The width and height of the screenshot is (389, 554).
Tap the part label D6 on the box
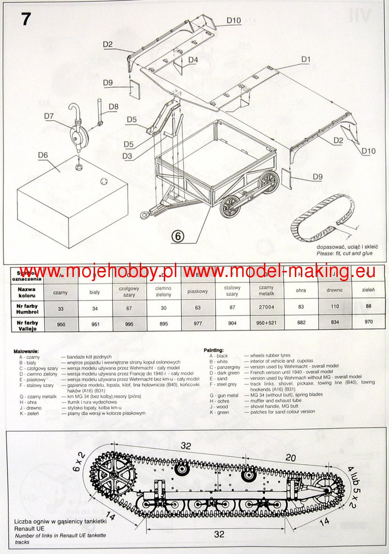point(43,155)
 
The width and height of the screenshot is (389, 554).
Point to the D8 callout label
point(113,107)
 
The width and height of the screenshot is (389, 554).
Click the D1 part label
point(306,59)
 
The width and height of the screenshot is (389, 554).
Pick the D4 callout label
point(193,60)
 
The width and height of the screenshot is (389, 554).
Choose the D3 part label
point(128,156)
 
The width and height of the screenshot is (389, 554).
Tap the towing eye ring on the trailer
point(146,215)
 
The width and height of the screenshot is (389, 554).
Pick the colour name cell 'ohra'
point(300,290)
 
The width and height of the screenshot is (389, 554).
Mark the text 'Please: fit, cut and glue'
point(344,253)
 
